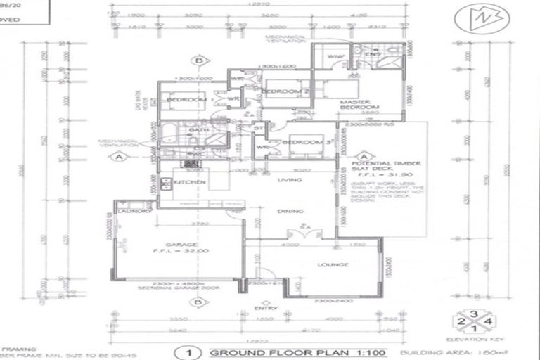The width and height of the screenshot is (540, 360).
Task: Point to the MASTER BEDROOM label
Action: [x=359, y=104]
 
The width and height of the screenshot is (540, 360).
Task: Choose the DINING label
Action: [x=290, y=211]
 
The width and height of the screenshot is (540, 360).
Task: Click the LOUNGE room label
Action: [x=333, y=265]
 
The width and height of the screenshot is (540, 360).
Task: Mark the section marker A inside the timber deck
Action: [x=364, y=157]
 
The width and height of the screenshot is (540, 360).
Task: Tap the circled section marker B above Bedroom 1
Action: [x=200, y=61]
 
